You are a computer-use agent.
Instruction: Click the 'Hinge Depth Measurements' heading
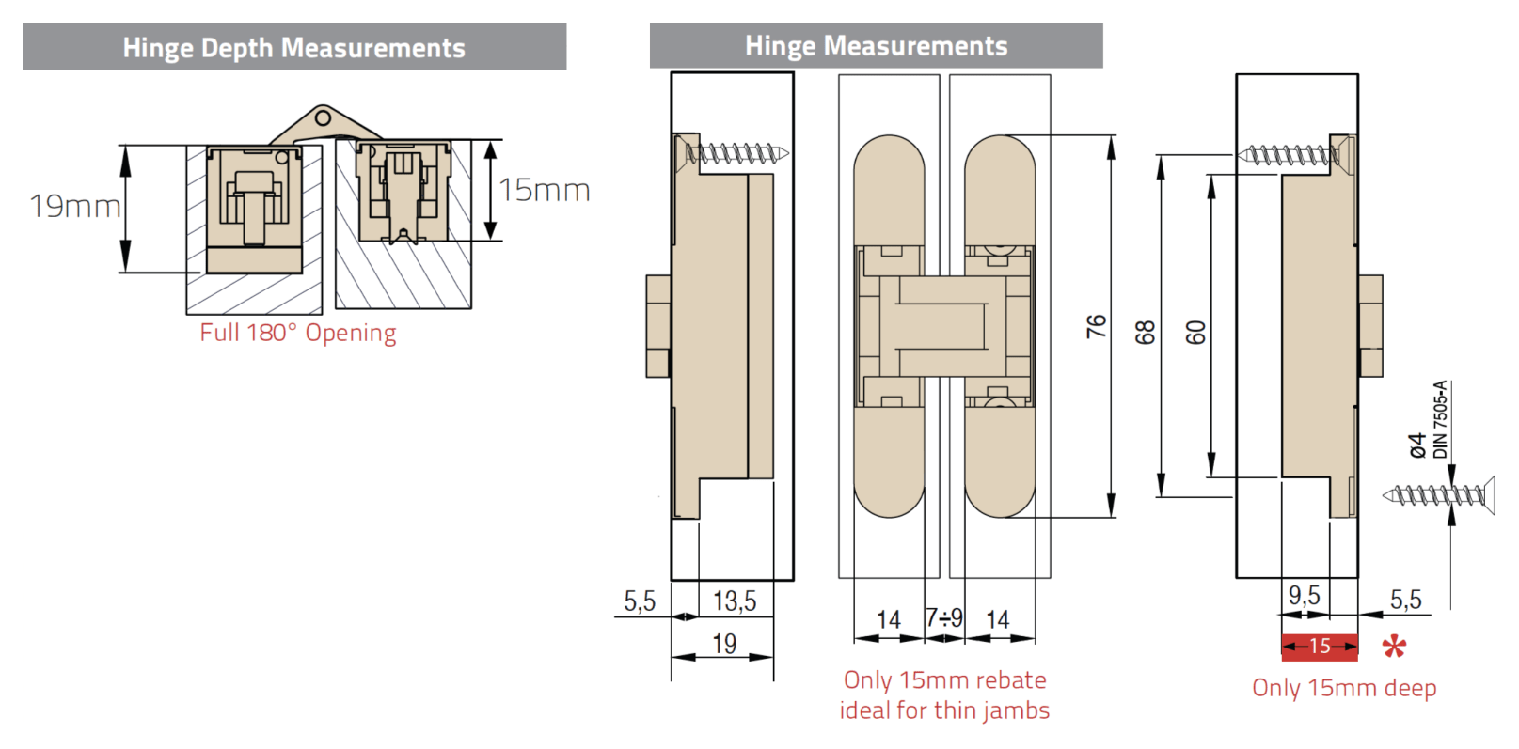tap(293, 47)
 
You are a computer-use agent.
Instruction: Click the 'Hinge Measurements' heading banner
tap(877, 45)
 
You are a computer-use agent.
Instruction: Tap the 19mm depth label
tap(75, 206)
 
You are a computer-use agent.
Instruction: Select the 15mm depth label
tap(545, 191)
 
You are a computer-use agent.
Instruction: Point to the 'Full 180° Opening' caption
tap(298, 333)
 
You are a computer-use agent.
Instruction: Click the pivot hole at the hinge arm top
tap(323, 118)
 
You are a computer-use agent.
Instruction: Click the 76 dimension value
tap(1096, 326)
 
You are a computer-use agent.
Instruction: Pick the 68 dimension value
tap(1145, 332)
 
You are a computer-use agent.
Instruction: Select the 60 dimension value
tap(1195, 332)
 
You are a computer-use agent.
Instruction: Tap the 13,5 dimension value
tap(735, 601)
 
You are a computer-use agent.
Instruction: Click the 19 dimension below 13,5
tap(724, 643)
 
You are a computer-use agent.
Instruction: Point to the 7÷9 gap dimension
tap(944, 617)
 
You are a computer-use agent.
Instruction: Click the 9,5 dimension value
tap(1304, 595)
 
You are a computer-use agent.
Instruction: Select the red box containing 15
tap(1320, 647)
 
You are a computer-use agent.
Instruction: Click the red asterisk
tap(1394, 647)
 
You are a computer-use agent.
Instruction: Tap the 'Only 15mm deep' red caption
tap(1344, 688)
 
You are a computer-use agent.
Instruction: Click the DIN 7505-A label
tap(1440, 419)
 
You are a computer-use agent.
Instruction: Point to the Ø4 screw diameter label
tap(1417, 445)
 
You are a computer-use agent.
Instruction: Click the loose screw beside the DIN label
tap(1438, 495)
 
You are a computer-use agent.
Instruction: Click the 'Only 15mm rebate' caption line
tap(944, 679)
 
